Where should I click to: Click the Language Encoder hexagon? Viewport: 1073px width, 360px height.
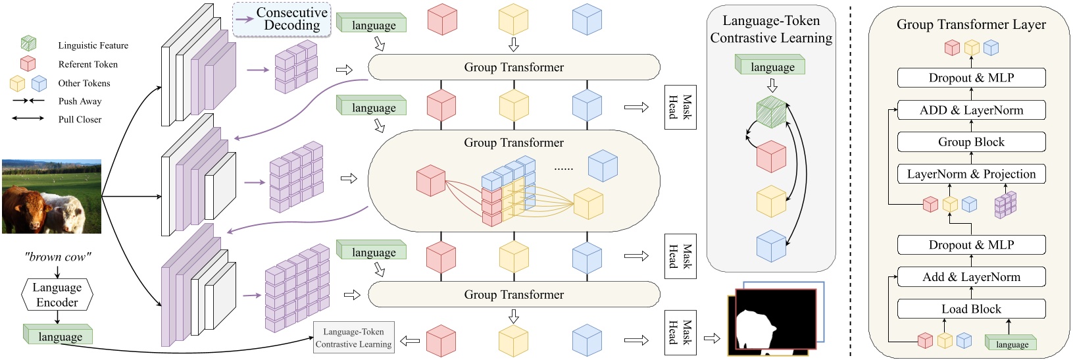pos(57,295)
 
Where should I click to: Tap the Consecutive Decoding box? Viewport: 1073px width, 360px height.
pos(282,20)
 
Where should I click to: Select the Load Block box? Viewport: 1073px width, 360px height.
pos(971,309)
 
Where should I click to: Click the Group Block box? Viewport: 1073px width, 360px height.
pos(971,142)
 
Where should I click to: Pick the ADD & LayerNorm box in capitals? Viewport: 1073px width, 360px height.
pos(971,111)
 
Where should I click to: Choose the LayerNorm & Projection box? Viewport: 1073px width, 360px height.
pos(971,174)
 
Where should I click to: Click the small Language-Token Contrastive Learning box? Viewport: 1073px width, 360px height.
pos(353,338)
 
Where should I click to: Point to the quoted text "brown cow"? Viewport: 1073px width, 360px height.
pos(57,257)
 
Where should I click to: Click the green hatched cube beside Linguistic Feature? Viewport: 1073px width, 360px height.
pos(28,45)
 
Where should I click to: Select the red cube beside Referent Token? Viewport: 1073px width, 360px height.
pos(28,64)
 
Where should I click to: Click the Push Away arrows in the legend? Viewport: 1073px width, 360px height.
pos(28,101)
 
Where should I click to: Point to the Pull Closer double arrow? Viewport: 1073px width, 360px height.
pos(28,119)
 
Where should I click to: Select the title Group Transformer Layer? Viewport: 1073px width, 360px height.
pos(971,24)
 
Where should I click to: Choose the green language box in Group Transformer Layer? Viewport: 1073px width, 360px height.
pos(1011,343)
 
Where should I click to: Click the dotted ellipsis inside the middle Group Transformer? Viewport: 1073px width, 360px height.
pos(563,169)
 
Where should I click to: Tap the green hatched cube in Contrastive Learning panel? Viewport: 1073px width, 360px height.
pos(770,112)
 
